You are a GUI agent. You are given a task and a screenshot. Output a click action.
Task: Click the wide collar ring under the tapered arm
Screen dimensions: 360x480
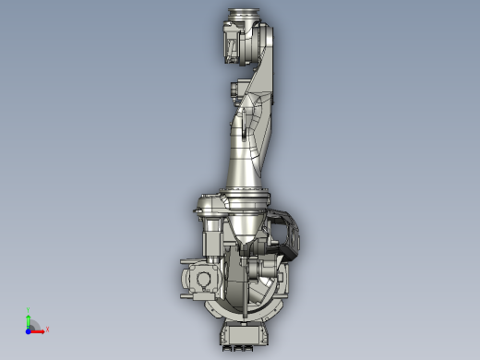pyautogui.click(x=242, y=195)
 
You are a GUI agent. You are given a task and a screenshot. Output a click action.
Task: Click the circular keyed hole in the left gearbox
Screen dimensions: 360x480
pyautogui.click(x=200, y=280)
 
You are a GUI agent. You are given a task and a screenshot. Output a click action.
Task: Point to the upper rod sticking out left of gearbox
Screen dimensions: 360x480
pyautogui.click(x=181, y=268)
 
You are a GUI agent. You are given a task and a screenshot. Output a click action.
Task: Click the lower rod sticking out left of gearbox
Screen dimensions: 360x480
pyautogui.click(x=181, y=286)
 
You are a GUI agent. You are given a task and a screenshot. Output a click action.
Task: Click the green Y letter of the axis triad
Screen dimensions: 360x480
pyautogui.click(x=30, y=311)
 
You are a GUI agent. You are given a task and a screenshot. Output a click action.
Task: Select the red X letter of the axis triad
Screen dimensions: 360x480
pyautogui.click(x=47, y=329)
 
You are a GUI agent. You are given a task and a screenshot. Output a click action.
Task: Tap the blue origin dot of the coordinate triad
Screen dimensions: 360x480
pyautogui.click(x=30, y=329)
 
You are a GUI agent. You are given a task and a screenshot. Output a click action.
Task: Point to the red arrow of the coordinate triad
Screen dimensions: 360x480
pyautogui.click(x=39, y=329)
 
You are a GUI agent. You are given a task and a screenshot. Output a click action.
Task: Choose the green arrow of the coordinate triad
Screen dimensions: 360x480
pyautogui.click(x=30, y=319)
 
